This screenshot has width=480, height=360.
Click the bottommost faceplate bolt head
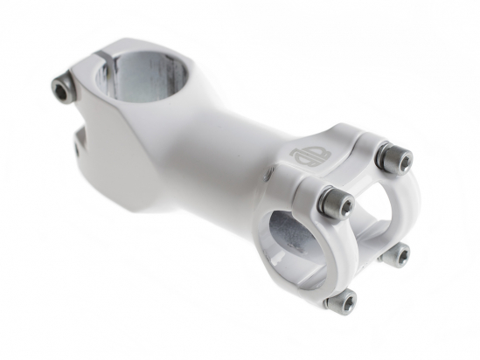point(343,301)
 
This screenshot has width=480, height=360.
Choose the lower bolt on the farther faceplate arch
point(394,255)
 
